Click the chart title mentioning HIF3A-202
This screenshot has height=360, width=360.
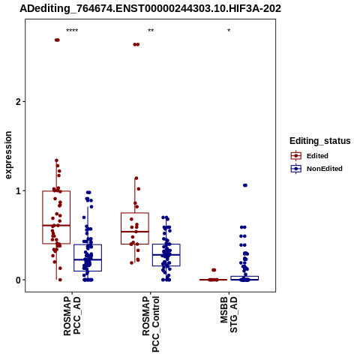tap(151, 8)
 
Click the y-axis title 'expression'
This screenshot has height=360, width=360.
tap(8, 155)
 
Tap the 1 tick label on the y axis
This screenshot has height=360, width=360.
tap(18, 191)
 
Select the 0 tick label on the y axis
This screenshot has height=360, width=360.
tap(18, 280)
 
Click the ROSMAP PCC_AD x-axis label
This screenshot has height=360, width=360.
tap(72, 316)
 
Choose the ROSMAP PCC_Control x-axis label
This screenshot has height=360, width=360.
tap(151, 324)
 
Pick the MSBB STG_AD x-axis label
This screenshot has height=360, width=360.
tap(229, 314)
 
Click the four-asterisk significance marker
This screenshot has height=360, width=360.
tap(72, 31)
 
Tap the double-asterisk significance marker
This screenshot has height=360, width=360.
tap(151, 31)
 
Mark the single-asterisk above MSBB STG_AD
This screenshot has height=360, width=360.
tap(229, 31)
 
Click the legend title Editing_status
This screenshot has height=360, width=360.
tap(320, 141)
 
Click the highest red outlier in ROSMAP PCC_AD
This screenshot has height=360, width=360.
tap(57, 40)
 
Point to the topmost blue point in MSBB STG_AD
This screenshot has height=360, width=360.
tap(245, 185)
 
